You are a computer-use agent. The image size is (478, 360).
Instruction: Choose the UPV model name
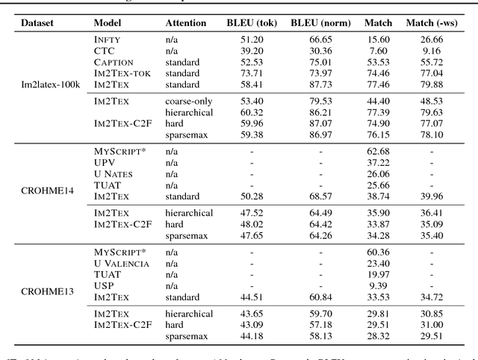(x=105, y=161)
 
